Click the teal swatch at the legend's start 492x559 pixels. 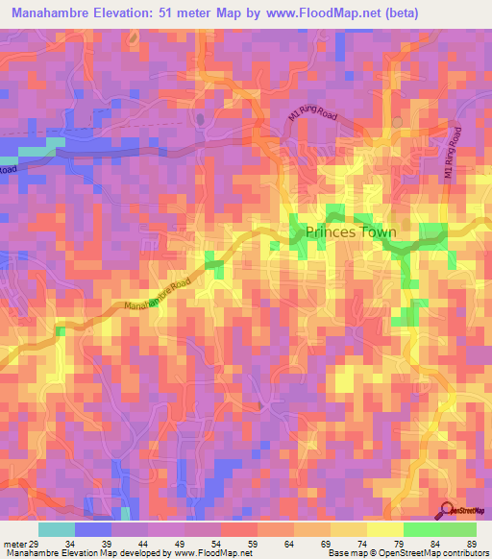coord(57,529)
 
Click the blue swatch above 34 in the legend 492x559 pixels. coord(93,529)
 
